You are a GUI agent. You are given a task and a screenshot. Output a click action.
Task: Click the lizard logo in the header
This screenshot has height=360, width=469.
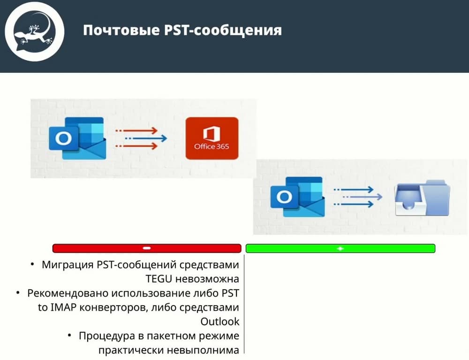(x=34, y=32)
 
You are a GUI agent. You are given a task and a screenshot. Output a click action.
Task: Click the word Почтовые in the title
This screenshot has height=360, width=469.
(x=121, y=30)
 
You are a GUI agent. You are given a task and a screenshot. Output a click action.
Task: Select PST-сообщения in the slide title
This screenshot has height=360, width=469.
(x=223, y=30)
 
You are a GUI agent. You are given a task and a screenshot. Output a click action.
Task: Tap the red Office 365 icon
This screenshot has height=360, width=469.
(x=212, y=138)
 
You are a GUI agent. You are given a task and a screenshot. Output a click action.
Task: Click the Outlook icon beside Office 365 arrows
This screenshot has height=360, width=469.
(x=77, y=138)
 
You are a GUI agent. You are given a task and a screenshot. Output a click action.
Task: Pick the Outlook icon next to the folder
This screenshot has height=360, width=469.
(x=298, y=197)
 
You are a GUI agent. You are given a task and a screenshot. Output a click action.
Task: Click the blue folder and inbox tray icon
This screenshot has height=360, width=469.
(x=423, y=198)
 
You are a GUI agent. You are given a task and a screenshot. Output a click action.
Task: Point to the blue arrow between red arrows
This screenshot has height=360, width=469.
(x=146, y=138)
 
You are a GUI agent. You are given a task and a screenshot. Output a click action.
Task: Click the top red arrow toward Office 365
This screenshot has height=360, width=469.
(x=136, y=130)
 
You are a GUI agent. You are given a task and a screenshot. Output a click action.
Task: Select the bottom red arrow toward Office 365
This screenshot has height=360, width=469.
(x=136, y=146)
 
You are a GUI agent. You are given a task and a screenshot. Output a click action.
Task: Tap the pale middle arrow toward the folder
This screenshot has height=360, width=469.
(x=363, y=197)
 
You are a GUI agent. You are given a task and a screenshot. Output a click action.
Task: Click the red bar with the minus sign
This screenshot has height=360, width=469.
(x=147, y=248)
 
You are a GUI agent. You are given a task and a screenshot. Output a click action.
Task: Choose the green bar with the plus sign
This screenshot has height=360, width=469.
(x=340, y=248)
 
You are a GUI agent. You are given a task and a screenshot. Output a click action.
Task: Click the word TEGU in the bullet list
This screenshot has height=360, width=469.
(x=159, y=279)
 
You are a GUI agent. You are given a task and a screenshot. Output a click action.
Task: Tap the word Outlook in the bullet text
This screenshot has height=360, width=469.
(x=220, y=322)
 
